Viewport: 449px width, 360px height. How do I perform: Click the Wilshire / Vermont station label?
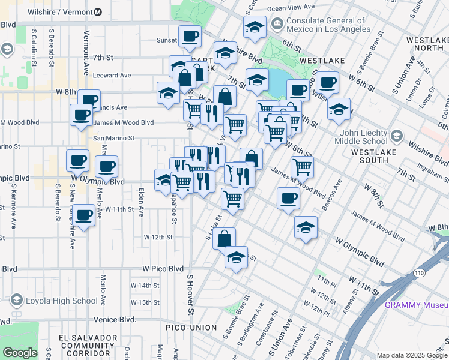click(59, 11)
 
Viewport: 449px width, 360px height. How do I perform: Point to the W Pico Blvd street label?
click(163, 269)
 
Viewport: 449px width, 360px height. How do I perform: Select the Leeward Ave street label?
click(112, 76)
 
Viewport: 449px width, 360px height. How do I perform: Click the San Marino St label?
click(113, 137)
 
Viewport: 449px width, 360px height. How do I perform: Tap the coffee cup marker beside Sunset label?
click(190, 37)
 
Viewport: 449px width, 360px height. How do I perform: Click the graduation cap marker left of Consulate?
click(255, 27)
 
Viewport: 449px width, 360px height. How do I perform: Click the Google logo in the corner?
click(20, 353)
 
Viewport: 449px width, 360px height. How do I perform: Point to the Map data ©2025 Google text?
click(411, 355)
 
